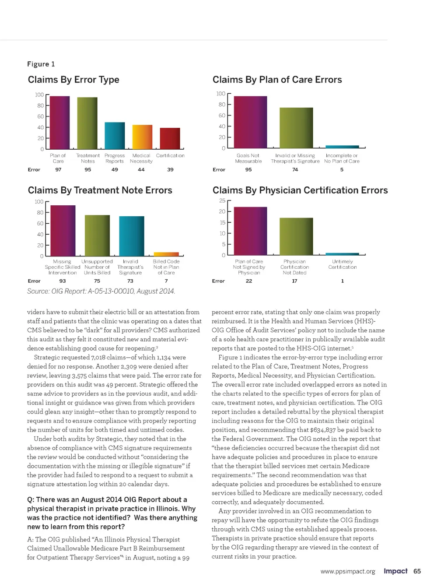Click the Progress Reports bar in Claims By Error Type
(115, 136)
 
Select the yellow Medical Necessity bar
(142, 137)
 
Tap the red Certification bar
(170, 138)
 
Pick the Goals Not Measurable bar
(250, 122)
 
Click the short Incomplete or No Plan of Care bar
(342, 147)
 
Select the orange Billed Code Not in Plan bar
(166, 254)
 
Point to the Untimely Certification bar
(342, 254)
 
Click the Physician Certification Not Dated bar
(296, 236)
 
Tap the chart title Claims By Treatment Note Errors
(100, 190)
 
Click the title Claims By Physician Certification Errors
(300, 190)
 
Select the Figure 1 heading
(41, 64)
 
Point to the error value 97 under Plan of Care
(58, 170)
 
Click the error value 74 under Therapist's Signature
(295, 170)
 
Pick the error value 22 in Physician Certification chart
(249, 281)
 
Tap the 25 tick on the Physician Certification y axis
(222, 201)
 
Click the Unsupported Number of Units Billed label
(97, 267)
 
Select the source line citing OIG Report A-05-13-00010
(101, 291)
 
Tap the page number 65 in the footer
(417, 571)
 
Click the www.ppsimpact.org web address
(348, 572)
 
